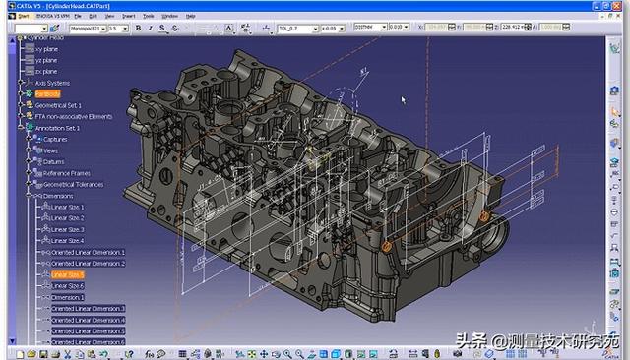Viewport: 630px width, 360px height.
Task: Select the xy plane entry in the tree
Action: tap(46, 49)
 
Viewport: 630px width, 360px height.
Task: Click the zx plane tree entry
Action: tap(46, 72)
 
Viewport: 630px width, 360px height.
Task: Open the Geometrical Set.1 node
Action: tap(59, 105)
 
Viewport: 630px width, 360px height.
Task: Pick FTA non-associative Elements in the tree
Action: tap(73, 117)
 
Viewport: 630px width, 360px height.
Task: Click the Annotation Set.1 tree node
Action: tap(57, 128)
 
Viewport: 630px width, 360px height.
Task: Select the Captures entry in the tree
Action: tap(55, 140)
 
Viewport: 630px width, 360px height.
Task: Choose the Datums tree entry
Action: tap(54, 161)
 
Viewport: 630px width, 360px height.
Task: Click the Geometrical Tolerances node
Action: tap(73, 184)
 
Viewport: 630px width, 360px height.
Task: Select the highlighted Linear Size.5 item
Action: tap(67, 274)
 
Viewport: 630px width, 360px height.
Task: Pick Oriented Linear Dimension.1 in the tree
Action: tap(88, 252)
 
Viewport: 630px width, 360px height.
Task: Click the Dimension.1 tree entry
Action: tap(67, 297)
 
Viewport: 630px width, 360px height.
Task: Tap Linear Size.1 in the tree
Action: tap(67, 207)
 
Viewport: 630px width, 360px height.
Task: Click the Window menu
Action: tap(170, 17)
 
